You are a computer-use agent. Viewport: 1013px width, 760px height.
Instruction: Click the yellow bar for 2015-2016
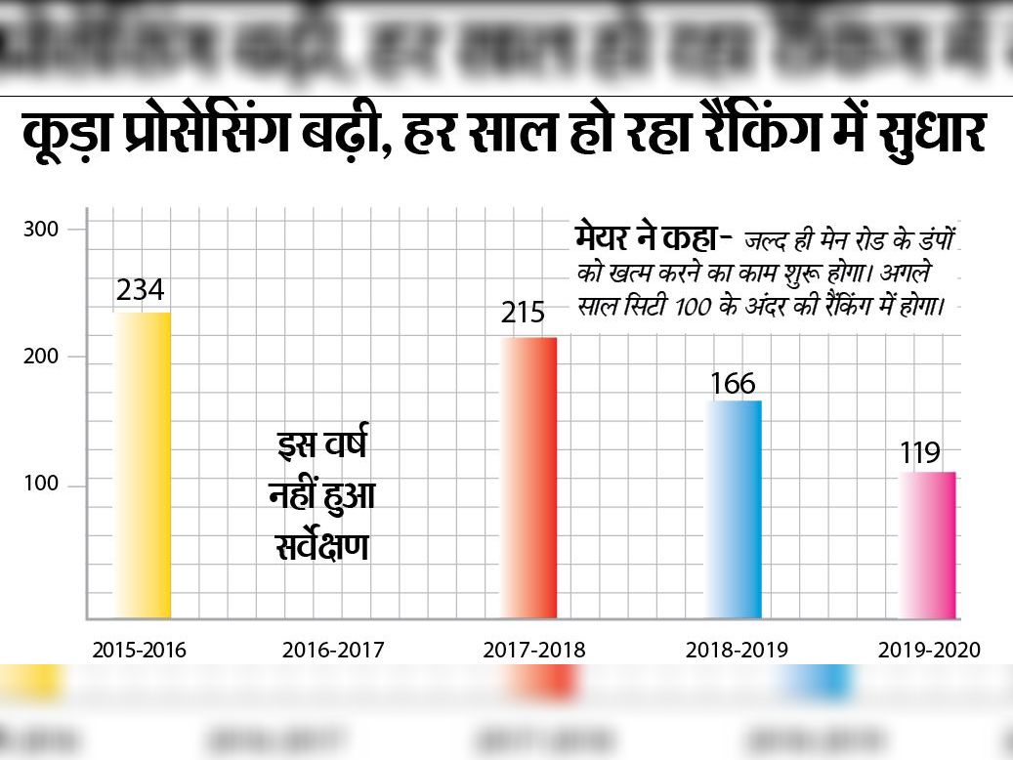coord(143,465)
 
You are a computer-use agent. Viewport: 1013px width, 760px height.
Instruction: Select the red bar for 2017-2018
coord(529,478)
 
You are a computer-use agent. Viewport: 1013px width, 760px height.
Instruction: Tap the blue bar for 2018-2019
coord(734,509)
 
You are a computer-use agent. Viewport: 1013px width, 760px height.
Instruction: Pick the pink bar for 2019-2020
coord(927,545)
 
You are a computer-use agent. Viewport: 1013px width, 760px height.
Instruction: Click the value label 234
coord(141,291)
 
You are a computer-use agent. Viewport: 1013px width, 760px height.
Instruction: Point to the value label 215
coord(523,315)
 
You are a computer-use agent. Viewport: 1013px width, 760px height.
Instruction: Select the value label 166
coord(733,383)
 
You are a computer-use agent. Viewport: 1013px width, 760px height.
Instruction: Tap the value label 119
coord(920,453)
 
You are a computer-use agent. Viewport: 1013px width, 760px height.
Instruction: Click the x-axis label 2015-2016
coord(140,650)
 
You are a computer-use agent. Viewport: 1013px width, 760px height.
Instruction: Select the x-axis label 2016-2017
coord(333,650)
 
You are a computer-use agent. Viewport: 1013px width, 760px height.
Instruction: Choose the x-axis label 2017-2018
coord(533,650)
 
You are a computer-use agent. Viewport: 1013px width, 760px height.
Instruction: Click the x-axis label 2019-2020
coord(928,650)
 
